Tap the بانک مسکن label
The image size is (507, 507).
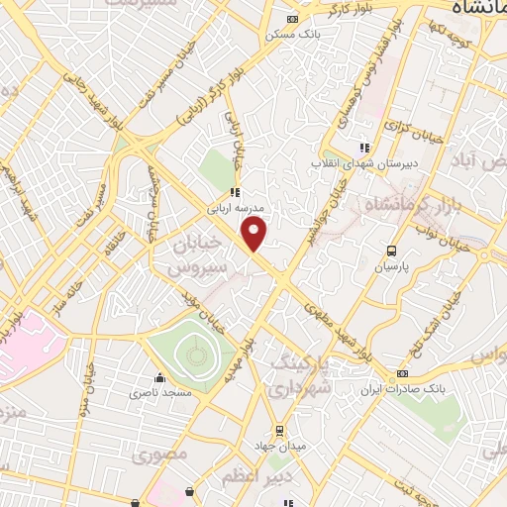291,35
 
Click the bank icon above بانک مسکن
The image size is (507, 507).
291,19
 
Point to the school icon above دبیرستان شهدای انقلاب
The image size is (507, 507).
363,148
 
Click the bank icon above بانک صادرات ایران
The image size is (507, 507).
403,373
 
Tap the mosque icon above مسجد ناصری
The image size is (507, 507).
159,377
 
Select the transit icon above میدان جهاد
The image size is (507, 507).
280,431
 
